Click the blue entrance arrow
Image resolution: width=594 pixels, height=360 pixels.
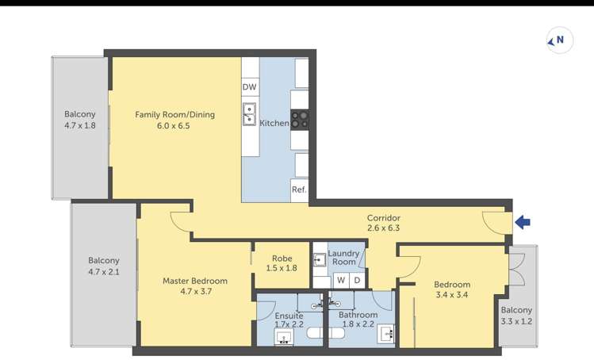tap(523, 222)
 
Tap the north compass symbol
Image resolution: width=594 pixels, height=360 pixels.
tap(560, 40)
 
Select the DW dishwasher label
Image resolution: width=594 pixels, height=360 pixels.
tap(249, 86)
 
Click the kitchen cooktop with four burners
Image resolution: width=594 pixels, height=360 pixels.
tap(299, 120)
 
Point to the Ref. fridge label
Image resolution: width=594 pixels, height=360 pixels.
tap(299, 190)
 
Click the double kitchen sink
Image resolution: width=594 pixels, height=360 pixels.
tap(249, 113)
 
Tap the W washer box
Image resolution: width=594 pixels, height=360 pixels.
tap(341, 281)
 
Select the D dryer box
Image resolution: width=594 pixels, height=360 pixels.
tap(357, 281)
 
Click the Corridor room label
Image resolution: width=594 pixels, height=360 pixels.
tap(383, 218)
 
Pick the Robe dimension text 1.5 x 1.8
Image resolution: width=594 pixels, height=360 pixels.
tap(282, 268)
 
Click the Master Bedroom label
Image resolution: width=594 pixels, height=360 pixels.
tap(195, 281)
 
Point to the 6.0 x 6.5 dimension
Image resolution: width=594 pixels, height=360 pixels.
tap(174, 125)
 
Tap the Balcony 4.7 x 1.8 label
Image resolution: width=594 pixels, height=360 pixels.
tap(79, 120)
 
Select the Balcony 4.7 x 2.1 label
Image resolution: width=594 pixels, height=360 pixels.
tap(104, 266)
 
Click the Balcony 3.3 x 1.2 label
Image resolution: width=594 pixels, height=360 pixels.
tap(516, 316)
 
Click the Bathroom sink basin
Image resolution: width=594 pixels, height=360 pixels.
tap(387, 334)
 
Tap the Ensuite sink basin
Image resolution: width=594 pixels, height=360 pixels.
tap(284, 337)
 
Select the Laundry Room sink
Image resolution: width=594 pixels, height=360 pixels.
tap(320, 260)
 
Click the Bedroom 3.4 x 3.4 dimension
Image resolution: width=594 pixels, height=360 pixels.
tap(452, 295)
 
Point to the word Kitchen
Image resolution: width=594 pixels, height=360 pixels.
tap(274, 123)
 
